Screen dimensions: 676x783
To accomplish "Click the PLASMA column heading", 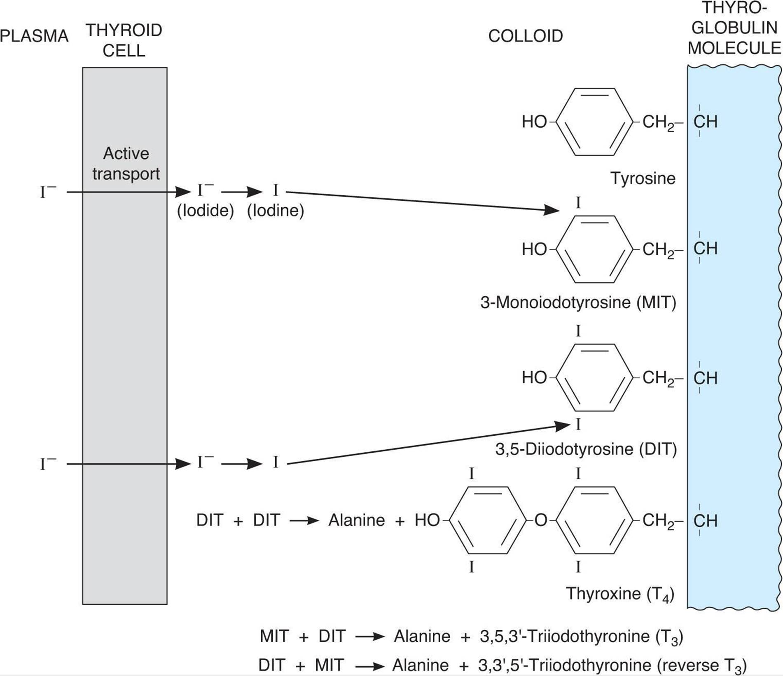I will [34, 36].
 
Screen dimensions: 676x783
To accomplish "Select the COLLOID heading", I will [525, 36].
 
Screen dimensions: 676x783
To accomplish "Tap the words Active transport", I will [126, 164].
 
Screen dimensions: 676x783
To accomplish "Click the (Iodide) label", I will [205, 211].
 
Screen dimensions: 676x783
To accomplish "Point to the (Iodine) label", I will [275, 211].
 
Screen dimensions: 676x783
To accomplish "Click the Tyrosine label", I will [643, 178].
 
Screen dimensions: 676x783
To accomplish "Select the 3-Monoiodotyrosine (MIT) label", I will [578, 303].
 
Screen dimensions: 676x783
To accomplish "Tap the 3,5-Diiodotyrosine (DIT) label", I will [586, 449].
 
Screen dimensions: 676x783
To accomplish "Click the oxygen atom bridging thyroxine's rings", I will [540, 521].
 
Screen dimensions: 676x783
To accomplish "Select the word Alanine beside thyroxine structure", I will [356, 520].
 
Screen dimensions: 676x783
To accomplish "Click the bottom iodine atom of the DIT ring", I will [578, 425].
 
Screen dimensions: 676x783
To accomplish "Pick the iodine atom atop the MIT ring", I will [578, 203].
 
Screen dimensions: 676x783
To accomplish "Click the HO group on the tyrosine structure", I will [534, 122].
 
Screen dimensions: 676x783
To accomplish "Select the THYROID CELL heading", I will [124, 40].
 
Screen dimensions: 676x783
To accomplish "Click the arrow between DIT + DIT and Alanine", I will [304, 521].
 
